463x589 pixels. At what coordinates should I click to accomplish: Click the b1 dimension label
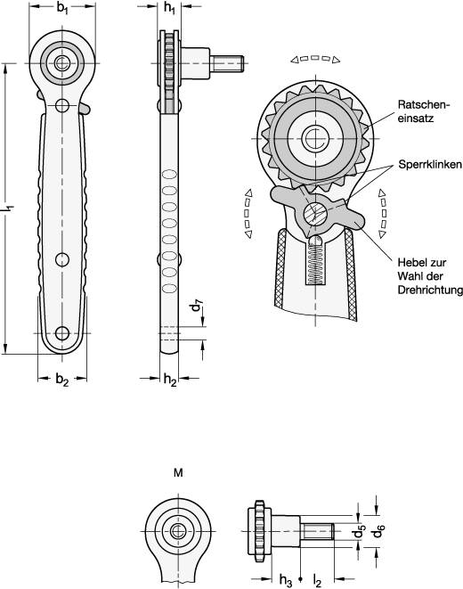62,9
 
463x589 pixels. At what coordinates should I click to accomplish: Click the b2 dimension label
61,380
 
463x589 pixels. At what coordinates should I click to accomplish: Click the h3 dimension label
285,579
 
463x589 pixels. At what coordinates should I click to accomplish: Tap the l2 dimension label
319,579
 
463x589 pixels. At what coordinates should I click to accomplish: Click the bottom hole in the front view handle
61,333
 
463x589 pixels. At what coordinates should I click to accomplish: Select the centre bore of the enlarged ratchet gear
313,138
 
